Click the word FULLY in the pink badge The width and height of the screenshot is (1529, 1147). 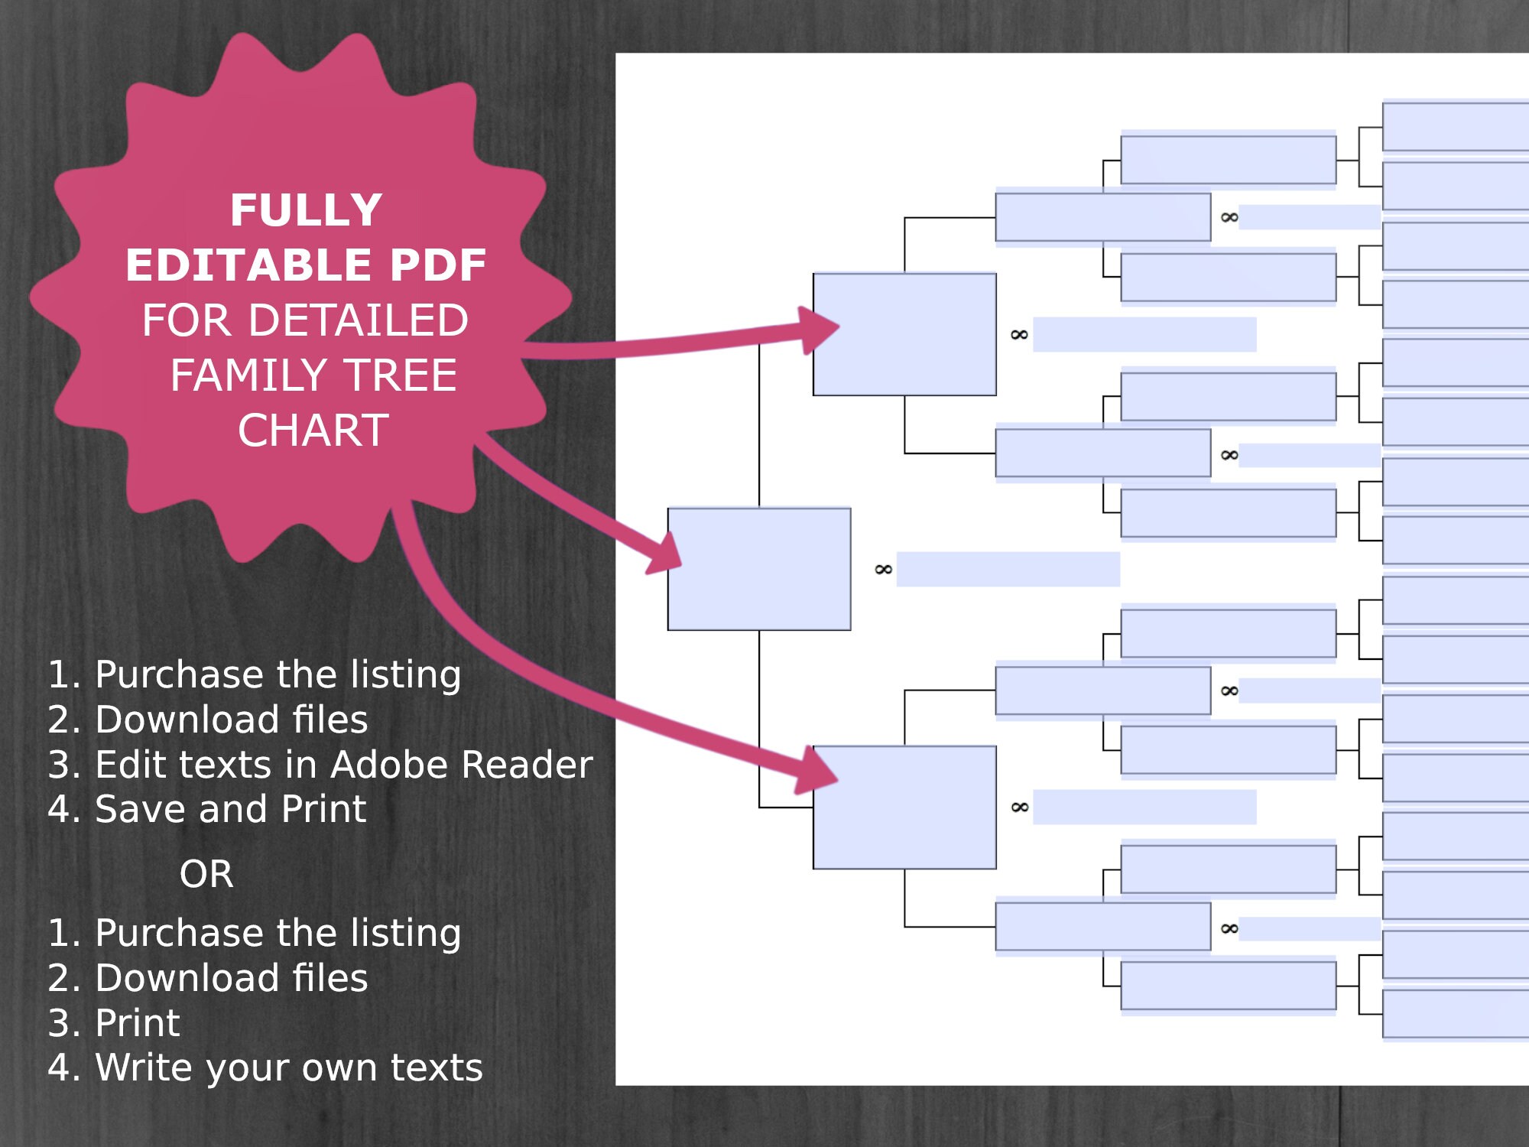(306, 210)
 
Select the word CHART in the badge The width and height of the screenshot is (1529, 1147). (313, 431)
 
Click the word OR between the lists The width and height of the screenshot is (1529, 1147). (206, 874)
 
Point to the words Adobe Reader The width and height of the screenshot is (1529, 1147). (462, 765)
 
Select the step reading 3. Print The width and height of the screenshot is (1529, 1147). (114, 1023)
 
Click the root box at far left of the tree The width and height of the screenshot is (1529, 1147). (758, 569)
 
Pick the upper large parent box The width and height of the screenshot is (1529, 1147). (904, 334)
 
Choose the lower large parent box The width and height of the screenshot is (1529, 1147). (904, 807)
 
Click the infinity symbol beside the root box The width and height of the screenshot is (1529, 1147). (883, 570)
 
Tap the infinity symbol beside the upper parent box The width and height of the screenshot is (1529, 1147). (1019, 335)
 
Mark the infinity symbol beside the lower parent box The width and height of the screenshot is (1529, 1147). (1019, 807)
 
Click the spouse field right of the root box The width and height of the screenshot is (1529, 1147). (1008, 570)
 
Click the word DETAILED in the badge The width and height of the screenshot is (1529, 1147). (359, 320)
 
